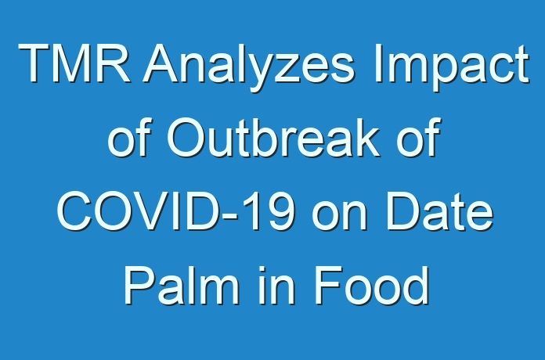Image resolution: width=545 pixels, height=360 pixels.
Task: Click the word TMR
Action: (74, 63)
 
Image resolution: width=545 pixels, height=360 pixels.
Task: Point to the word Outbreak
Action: (273, 137)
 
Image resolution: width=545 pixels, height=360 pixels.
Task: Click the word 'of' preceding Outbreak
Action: (130, 137)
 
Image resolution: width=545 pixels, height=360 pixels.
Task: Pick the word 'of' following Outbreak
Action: (419, 137)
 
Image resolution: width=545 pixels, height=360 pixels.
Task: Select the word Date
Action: (440, 211)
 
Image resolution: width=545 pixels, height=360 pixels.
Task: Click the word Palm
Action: (182, 285)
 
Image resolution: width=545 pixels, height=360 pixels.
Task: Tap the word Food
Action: (372, 285)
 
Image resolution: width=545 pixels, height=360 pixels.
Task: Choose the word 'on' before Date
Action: (340, 216)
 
